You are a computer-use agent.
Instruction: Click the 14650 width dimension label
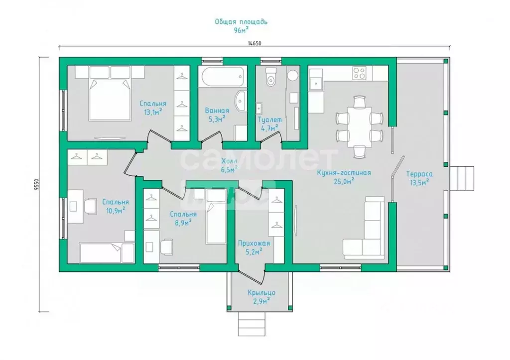(x=255, y=43)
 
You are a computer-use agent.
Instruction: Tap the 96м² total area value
(x=241, y=30)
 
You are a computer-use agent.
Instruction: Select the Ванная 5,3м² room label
(x=217, y=115)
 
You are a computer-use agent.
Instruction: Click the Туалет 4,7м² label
(x=269, y=123)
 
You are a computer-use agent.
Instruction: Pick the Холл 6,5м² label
(x=229, y=165)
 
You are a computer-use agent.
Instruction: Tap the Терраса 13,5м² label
(x=419, y=178)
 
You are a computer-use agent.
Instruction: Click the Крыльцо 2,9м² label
(x=261, y=297)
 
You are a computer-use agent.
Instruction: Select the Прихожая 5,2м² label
(x=254, y=247)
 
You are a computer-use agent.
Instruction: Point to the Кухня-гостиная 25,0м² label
(x=344, y=177)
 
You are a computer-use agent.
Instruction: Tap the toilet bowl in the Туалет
(x=270, y=77)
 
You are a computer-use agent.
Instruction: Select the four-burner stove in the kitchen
(x=360, y=73)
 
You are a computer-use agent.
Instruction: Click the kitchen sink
(x=315, y=84)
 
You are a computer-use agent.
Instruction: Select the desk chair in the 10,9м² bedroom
(x=91, y=207)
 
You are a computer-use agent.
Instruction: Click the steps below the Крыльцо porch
(x=252, y=324)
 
